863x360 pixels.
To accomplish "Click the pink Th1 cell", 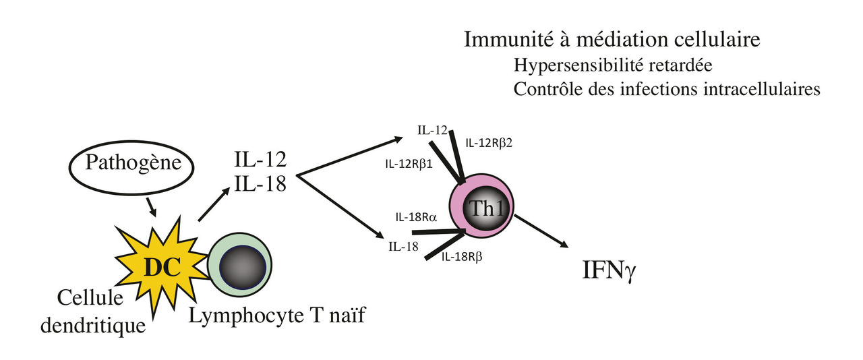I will coord(481,207).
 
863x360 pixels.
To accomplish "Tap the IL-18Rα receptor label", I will coord(418,218).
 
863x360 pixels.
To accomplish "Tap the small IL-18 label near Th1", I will coord(403,247).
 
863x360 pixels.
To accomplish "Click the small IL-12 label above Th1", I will coord(432,129).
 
